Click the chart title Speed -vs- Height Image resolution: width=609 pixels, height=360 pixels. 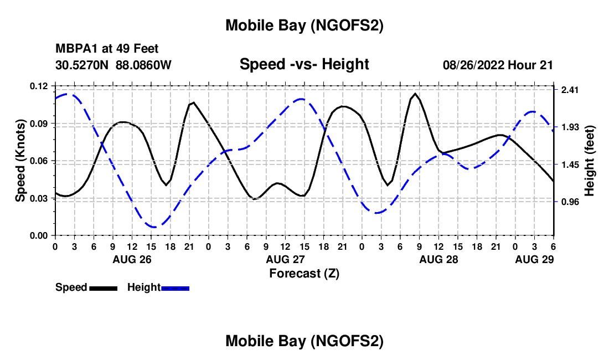click(x=304, y=64)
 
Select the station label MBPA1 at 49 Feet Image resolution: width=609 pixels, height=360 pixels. click(x=107, y=49)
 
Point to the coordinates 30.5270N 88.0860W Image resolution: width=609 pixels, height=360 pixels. click(x=113, y=65)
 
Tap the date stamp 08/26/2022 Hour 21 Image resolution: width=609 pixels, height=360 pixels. click(x=498, y=65)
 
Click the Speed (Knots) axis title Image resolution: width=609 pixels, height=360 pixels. click(x=20, y=161)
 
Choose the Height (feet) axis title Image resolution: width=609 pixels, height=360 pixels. click(x=589, y=161)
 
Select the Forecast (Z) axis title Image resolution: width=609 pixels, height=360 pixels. click(x=304, y=273)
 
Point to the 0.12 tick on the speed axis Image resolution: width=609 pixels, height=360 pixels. click(x=39, y=86)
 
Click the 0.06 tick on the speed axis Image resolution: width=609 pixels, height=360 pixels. click(x=39, y=161)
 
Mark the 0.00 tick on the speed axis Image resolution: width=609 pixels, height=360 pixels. click(x=39, y=235)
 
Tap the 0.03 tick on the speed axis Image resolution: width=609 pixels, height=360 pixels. click(x=39, y=198)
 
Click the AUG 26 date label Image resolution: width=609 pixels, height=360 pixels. click(x=132, y=259)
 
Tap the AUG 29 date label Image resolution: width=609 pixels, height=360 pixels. click(x=534, y=259)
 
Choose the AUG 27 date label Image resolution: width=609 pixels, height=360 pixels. click(x=285, y=259)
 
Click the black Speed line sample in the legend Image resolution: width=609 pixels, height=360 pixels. click(x=103, y=288)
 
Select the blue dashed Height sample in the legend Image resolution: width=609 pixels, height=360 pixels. click(x=175, y=288)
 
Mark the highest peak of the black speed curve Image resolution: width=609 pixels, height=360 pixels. click(x=415, y=94)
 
